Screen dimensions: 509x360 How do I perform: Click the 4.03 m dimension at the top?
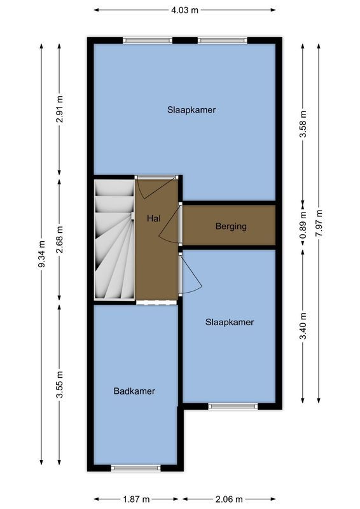(185, 10)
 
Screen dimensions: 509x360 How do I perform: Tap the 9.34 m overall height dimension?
(42, 254)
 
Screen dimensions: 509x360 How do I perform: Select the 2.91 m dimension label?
(60, 109)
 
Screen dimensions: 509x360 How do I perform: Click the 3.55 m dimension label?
(60, 384)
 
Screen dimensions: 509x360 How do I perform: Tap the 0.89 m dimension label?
(304, 226)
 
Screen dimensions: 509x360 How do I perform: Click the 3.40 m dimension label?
(304, 325)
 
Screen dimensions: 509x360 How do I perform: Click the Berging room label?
(230, 226)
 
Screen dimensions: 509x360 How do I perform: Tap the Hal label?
(153, 218)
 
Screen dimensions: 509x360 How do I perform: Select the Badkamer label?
(134, 391)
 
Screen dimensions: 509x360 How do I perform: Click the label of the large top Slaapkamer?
(191, 109)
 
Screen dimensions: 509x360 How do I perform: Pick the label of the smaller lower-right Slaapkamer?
(229, 323)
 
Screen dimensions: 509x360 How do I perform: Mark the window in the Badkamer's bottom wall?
(135, 468)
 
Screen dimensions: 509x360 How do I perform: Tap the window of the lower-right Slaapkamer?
(233, 406)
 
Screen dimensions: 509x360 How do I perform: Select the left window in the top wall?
(148, 40)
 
